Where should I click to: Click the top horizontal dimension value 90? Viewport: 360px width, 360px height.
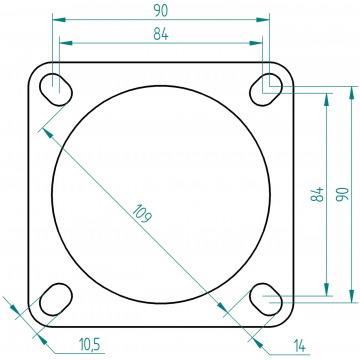[x=161, y=11]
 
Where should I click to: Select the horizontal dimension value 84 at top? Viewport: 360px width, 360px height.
[x=161, y=34]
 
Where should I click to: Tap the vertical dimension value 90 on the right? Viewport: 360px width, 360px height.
[x=342, y=194]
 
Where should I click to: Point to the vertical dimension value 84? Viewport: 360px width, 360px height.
[x=317, y=194]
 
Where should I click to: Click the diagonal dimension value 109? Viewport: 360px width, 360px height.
[x=143, y=214]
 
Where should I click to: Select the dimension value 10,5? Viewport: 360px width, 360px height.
[x=90, y=344]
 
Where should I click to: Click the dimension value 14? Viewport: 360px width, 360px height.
[x=300, y=346]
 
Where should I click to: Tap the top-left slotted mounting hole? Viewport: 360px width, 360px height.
[x=56, y=89]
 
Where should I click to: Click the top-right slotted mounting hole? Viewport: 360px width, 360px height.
[x=266, y=89]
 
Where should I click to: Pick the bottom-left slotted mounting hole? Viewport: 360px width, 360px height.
[x=56, y=299]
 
